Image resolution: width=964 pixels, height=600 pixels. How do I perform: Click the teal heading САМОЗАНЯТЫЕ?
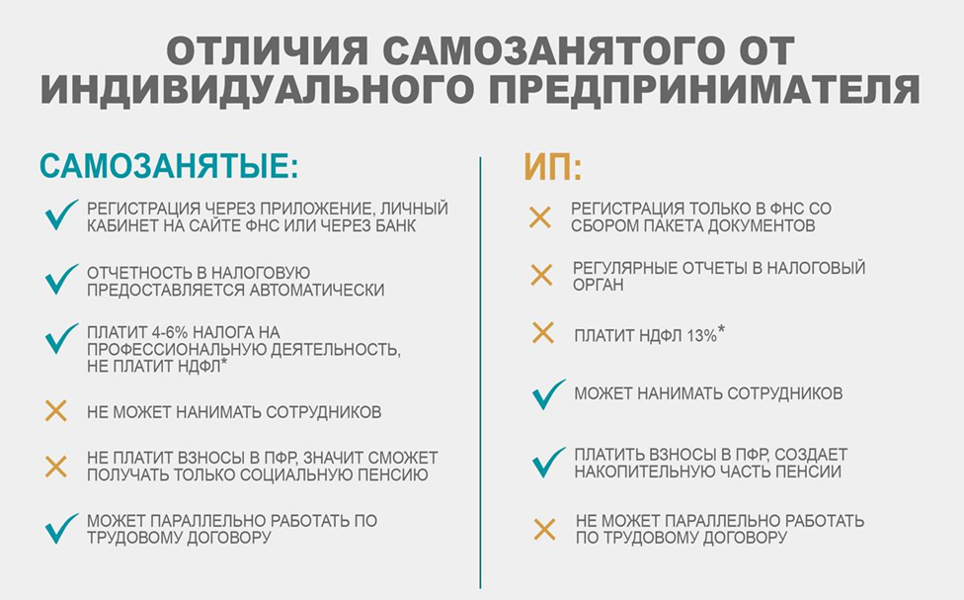point(169,166)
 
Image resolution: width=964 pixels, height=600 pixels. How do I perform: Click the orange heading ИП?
point(553,166)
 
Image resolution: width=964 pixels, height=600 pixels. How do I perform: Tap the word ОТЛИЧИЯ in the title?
point(268,50)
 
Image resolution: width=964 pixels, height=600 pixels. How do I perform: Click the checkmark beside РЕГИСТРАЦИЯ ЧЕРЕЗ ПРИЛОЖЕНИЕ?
point(60,215)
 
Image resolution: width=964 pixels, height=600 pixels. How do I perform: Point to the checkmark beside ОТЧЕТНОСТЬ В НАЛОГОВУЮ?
point(60,280)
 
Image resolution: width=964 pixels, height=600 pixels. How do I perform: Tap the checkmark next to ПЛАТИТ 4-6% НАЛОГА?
point(60,339)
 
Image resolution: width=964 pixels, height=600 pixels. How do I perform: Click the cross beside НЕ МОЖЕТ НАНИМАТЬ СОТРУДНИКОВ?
point(56,411)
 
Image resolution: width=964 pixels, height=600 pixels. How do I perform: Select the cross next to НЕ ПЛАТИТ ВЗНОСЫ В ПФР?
point(56,467)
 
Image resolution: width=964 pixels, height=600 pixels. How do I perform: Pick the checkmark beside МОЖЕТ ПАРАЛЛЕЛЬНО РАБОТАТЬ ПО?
point(60,529)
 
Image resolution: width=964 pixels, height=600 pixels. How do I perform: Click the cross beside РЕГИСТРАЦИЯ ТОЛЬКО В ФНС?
point(540,217)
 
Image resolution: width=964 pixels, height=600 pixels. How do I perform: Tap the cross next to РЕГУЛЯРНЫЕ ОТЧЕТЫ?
point(541,275)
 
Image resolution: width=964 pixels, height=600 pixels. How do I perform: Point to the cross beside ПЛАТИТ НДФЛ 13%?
point(543,333)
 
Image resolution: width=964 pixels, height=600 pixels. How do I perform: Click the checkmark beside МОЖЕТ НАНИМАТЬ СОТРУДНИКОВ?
point(548,394)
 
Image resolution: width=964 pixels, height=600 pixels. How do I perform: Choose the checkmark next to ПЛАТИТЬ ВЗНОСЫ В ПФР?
point(548,463)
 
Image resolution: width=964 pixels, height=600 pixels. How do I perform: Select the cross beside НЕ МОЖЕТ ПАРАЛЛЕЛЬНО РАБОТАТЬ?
point(544,529)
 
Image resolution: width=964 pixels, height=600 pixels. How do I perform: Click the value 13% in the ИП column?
point(702,336)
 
